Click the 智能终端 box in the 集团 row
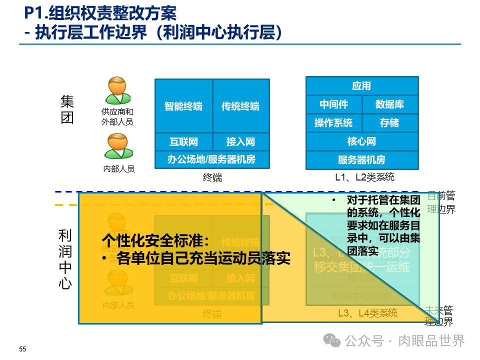(183, 106)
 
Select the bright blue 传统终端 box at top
(240, 106)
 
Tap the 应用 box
(361, 86)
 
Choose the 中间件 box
(333, 104)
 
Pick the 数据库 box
(389, 104)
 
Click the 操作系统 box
(333, 122)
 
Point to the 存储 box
(389, 122)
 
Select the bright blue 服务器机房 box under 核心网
(361, 160)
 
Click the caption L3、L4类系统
(367, 313)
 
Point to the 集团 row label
(67, 110)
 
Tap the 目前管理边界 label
(441, 202)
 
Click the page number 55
(22, 349)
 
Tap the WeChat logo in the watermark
(332, 340)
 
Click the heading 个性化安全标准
(155, 240)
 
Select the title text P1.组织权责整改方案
(100, 13)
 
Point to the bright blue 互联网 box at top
(183, 141)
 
